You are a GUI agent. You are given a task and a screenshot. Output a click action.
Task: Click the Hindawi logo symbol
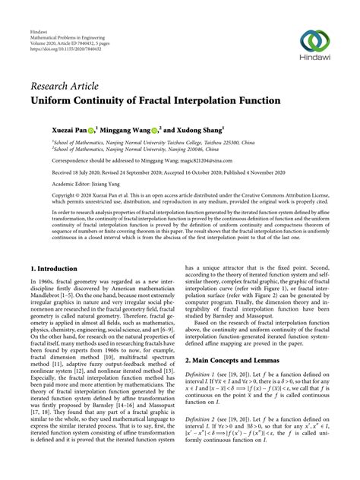314,41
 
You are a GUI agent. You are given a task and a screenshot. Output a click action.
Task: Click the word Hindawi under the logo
314,61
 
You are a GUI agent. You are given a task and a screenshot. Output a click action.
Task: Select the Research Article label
67,86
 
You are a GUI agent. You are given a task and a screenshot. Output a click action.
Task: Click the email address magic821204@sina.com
194,162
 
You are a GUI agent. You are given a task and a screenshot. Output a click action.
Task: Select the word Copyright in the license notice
48,197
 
